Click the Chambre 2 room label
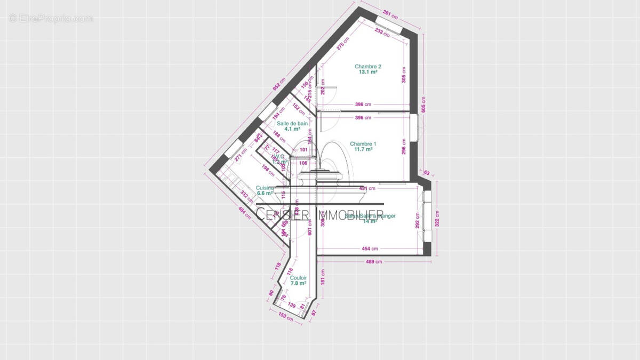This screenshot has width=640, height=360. coord(368,67)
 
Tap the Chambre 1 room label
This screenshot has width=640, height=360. coord(363,143)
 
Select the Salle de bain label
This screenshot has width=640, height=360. coord(292,123)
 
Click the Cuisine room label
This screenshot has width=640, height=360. coord(265,188)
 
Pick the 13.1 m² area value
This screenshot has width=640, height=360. coord(368,72)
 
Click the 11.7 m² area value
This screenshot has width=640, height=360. coord(363,149)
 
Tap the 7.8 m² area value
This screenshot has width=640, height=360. coord(299,284)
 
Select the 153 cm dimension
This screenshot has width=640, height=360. coord(286,317)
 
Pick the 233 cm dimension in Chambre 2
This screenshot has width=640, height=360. coord(382,33)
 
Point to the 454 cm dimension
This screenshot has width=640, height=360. coord(370,249)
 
